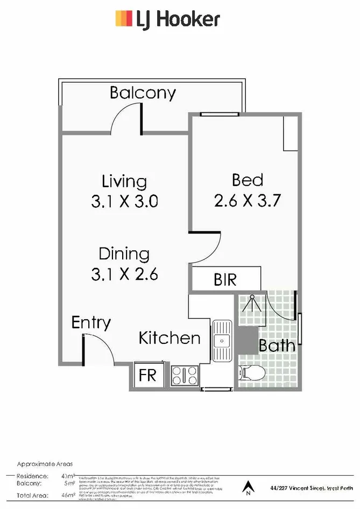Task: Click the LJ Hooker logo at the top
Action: click(x=167, y=19)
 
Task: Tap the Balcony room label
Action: click(x=143, y=93)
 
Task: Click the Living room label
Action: click(x=124, y=181)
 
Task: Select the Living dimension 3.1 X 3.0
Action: click(x=124, y=202)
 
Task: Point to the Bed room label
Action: click(x=247, y=180)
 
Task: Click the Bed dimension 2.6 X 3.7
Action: click(x=248, y=201)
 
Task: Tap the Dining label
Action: click(x=124, y=253)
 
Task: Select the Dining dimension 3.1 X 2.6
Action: click(x=124, y=274)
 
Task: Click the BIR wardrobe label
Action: click(x=225, y=280)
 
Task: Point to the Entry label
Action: click(x=91, y=323)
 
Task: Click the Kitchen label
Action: click(x=170, y=338)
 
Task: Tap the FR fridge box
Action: click(x=147, y=375)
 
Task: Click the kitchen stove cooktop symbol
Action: click(x=185, y=375)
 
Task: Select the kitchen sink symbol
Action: click(x=221, y=341)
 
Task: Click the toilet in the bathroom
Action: click(x=251, y=371)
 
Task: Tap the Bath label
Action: click(x=277, y=345)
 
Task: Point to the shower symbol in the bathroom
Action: click(x=251, y=305)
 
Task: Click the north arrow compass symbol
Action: click(x=248, y=487)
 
